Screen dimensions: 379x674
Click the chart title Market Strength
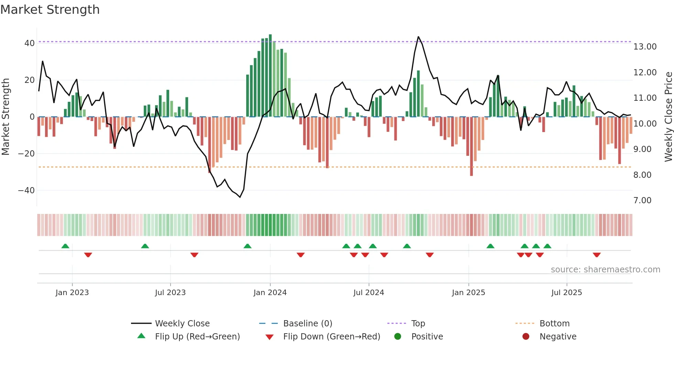point(50,10)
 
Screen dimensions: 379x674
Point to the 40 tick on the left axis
point(30,43)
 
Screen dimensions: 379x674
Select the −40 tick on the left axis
point(26,191)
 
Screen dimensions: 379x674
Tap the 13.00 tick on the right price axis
point(645,47)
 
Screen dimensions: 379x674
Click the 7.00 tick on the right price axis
point(642,201)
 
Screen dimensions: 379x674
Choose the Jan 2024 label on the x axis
point(270,293)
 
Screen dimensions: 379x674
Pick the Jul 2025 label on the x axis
point(566,293)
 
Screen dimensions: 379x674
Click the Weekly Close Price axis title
point(668,117)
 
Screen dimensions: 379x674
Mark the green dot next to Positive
point(398,337)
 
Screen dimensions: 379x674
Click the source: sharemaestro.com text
point(605,270)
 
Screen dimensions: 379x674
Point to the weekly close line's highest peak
point(418,37)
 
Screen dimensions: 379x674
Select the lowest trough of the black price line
point(240,197)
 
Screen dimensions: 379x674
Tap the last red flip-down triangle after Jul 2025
point(597,255)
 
